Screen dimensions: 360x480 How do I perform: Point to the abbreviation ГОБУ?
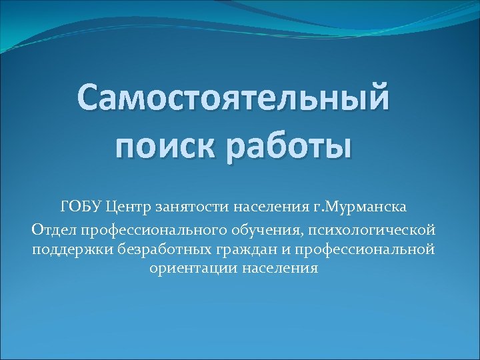pos(76,207)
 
